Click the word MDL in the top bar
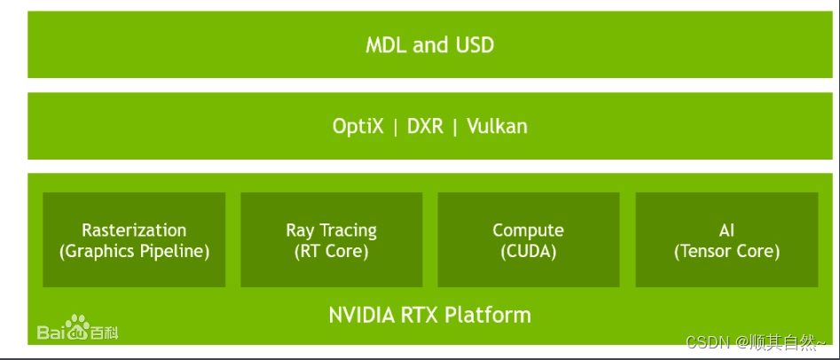tap(384, 45)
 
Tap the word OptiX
tap(357, 126)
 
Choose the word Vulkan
tap(497, 126)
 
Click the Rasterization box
tap(134, 239)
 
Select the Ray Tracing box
tap(331, 239)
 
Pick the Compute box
tap(528, 239)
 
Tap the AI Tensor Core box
tap(726, 239)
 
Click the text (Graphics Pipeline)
tap(134, 251)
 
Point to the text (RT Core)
tap(331, 251)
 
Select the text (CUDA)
tap(528, 251)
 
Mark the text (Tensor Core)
tap(726, 251)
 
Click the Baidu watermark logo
tap(77, 329)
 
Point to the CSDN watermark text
tap(706, 342)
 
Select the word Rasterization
tap(134, 231)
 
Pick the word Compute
tap(528, 231)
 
